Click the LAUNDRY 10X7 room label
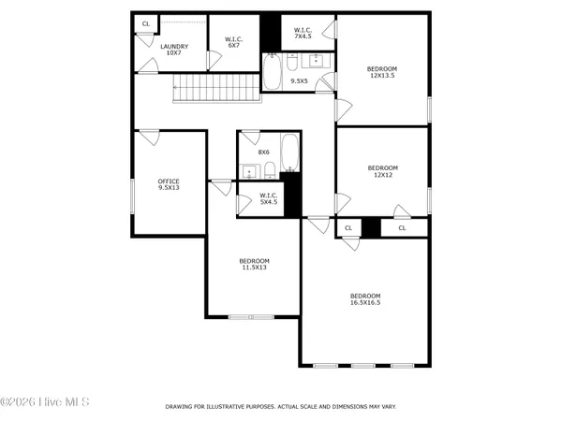point(174,50)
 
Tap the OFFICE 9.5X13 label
point(169,184)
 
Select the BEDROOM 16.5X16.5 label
point(365,298)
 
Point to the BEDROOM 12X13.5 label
point(382,73)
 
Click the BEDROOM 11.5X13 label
point(254,264)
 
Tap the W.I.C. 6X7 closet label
point(234,42)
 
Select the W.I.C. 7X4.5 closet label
point(303,34)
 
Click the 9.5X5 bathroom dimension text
point(300,81)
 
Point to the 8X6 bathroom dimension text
point(264,152)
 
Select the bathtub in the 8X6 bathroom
point(289,154)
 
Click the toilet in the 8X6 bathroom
point(269,170)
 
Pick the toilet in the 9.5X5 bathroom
point(292,63)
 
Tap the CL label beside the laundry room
point(145,23)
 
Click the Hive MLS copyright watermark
point(45,402)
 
